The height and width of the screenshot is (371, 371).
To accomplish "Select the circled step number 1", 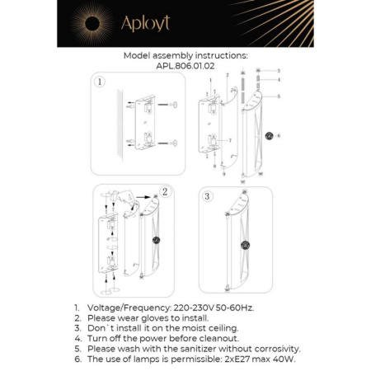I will point(99,82).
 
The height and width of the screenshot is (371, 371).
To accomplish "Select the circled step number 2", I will point(165,191).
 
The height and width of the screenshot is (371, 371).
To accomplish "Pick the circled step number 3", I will point(208,197).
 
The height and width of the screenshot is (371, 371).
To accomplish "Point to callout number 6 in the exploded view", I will point(278,134).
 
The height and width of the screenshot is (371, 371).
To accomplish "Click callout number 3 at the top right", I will point(278,72).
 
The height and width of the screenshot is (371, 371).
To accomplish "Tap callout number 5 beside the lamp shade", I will point(278,96).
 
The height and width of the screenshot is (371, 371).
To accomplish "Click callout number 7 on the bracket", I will point(230,141).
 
